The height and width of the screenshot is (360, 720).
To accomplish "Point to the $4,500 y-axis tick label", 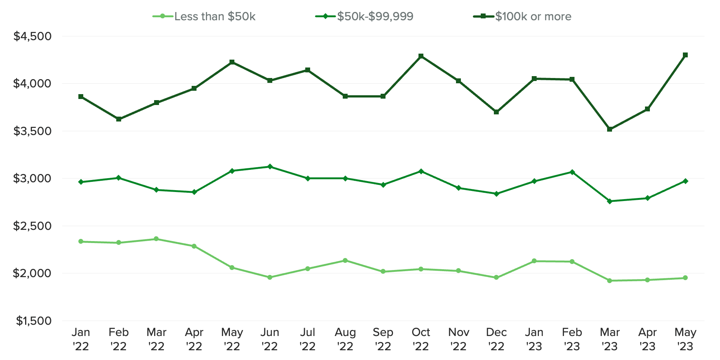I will click(x=32, y=36).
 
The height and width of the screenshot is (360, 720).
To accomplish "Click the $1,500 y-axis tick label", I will click(x=33, y=321).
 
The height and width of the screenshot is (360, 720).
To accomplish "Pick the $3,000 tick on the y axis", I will click(x=32, y=178).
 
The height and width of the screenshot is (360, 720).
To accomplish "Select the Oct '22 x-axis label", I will click(x=421, y=339).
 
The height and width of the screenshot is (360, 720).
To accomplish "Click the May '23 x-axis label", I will click(x=685, y=339).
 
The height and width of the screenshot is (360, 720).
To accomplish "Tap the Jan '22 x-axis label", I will click(x=81, y=339).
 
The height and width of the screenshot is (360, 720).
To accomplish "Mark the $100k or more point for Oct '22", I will click(x=421, y=56).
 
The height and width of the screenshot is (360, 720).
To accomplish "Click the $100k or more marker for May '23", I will click(x=685, y=55).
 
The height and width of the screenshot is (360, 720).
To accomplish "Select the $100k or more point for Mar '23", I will click(x=609, y=129).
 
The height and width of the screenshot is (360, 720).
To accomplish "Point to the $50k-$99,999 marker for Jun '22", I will click(x=270, y=166).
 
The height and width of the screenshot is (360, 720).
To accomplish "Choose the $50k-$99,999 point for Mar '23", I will click(x=609, y=201).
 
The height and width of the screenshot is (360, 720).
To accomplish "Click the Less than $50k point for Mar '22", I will click(x=156, y=239).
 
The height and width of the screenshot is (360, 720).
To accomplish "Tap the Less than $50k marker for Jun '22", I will click(x=270, y=277).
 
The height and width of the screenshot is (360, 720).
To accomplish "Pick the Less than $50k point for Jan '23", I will click(x=534, y=261).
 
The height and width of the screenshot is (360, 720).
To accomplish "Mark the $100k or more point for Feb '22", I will click(x=118, y=119).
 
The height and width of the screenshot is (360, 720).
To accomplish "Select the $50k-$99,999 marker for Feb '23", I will click(x=572, y=172).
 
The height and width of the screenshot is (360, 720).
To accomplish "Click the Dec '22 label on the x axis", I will click(x=496, y=339).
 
